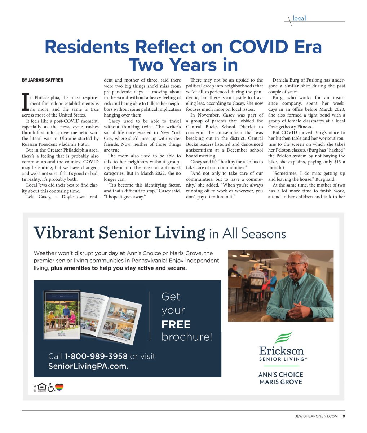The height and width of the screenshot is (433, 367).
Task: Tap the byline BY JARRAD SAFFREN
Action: click(x=43, y=80)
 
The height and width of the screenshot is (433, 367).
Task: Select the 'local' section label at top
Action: click(x=299, y=18)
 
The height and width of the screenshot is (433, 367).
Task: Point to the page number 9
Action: click(x=344, y=416)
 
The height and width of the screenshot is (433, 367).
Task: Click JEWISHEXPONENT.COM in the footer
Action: click(x=316, y=416)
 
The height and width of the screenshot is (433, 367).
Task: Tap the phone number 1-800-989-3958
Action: click(x=96, y=356)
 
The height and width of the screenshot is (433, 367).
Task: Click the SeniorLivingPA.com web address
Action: click(x=88, y=366)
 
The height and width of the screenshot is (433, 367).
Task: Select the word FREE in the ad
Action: click(x=176, y=324)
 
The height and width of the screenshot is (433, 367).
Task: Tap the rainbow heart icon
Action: click(x=59, y=388)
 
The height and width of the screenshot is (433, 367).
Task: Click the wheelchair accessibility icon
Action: click(x=51, y=388)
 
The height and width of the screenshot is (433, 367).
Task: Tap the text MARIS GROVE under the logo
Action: click(x=281, y=382)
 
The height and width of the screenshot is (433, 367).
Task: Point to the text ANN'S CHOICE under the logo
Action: click(x=281, y=374)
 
